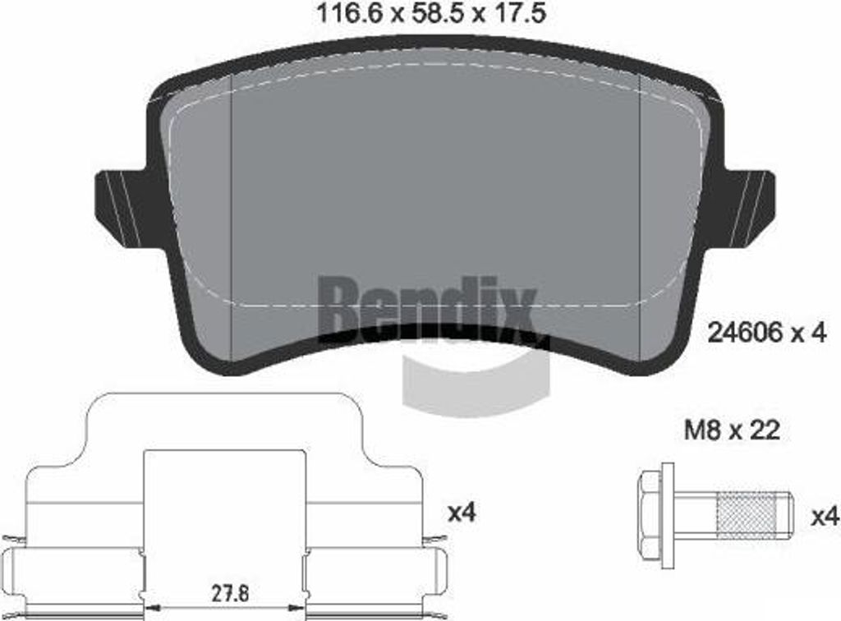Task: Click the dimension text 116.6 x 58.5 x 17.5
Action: click(432, 14)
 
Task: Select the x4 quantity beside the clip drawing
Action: click(462, 513)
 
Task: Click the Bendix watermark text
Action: click(427, 308)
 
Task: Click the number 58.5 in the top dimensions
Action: click(432, 14)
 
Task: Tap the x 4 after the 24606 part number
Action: click(807, 333)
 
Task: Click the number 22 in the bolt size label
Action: click(765, 430)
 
